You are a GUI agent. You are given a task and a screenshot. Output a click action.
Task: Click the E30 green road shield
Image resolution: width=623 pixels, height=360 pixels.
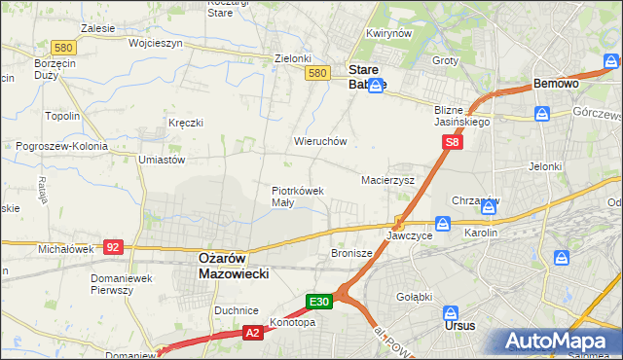[x=321, y=302]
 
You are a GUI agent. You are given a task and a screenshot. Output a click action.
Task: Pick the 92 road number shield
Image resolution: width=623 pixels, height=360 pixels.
[x=113, y=248]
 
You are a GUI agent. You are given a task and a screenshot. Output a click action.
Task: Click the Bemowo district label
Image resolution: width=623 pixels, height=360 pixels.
[x=557, y=85]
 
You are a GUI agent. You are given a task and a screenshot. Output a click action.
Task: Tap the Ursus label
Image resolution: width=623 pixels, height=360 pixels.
[x=459, y=326]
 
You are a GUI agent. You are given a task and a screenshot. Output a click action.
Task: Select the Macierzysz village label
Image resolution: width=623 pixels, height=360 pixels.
[x=388, y=180]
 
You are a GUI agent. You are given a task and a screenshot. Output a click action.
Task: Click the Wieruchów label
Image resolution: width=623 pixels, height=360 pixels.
[x=320, y=141]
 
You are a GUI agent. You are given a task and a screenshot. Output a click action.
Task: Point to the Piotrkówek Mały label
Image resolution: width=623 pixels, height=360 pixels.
[x=297, y=197]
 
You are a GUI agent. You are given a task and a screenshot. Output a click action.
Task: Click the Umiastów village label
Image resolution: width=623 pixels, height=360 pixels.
[x=162, y=159]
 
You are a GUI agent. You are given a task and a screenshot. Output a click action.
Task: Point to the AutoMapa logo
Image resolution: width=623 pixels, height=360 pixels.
[x=562, y=342]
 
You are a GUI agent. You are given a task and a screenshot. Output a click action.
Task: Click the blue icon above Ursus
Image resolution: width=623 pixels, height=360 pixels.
[x=451, y=313]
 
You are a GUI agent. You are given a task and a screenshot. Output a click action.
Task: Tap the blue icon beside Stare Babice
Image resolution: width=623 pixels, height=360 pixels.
[x=375, y=85]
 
